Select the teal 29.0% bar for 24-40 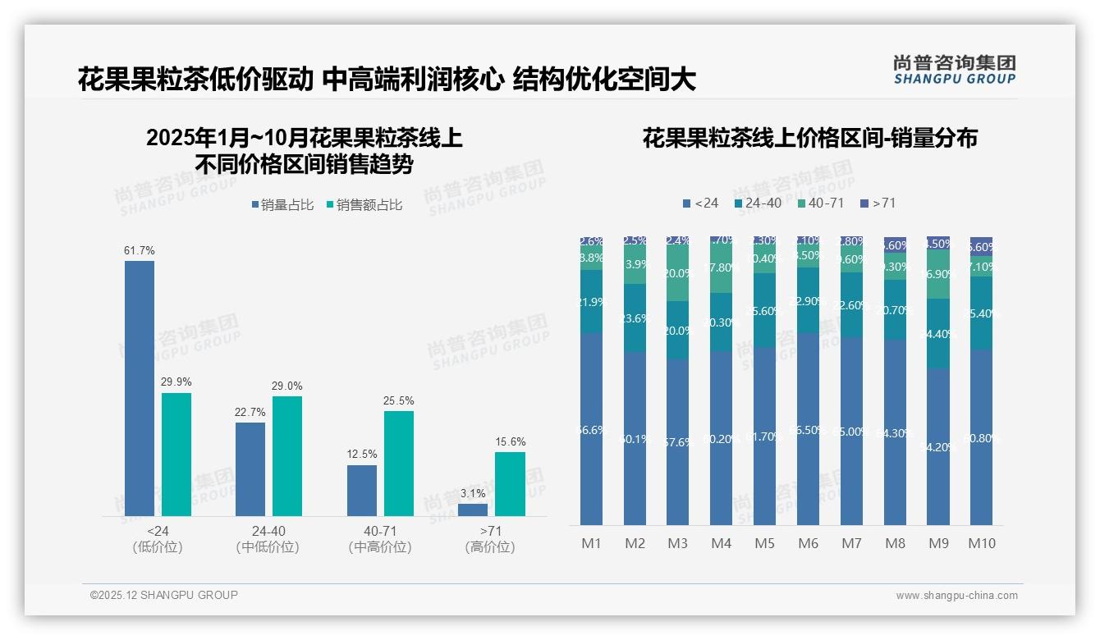287,456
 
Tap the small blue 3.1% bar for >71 473,510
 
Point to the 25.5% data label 398,401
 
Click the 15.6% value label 510,442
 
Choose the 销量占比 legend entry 282,205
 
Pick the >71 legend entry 878,203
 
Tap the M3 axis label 677,543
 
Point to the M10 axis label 981,543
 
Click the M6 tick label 808,543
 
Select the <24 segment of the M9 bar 938,447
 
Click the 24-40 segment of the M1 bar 591,301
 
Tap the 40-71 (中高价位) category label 379,539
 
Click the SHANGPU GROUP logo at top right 954,70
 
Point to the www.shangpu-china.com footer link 956,596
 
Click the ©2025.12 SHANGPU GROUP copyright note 164,595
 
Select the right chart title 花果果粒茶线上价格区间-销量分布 809,138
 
